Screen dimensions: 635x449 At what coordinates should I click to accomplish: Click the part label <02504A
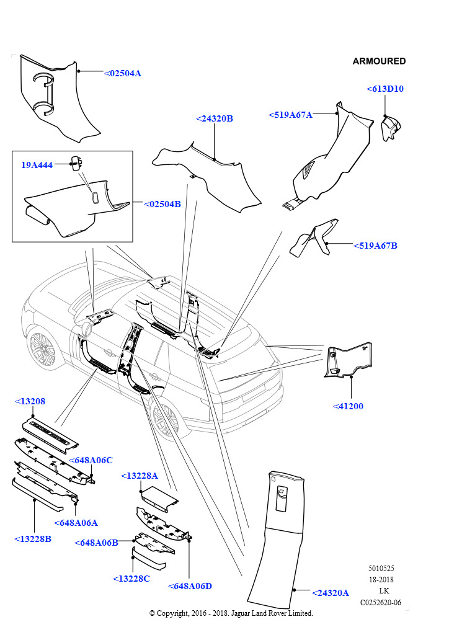pos(122,73)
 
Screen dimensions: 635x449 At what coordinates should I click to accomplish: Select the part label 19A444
pos(37,165)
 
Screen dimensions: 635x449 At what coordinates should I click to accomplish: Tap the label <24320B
pos(214,118)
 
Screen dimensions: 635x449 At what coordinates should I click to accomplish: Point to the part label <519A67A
pos(290,115)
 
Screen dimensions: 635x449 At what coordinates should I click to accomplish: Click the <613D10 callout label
pos(385,89)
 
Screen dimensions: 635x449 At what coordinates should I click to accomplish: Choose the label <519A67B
pos(375,246)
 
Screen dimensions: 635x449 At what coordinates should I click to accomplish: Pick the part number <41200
pos(348,406)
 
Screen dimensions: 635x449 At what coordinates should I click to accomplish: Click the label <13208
pos(30,402)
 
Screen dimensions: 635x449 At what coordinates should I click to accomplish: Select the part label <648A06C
pos(91,460)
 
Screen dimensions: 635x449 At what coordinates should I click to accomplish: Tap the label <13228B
pos(32,539)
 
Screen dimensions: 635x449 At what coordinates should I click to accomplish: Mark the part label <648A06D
pos(190,586)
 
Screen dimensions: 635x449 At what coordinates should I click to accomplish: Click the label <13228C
pos(131,579)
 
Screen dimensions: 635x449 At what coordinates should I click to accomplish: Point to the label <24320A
pos(331,592)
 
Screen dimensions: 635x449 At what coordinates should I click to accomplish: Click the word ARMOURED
pos(379,61)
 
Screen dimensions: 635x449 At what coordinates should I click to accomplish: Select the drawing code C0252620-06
pos(381,602)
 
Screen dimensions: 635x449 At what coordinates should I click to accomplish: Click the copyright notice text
pos(231,613)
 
